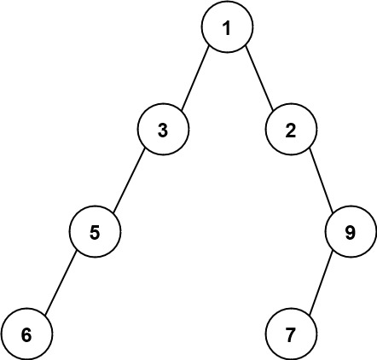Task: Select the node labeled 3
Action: [x=162, y=131]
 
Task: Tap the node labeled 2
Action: [x=290, y=131]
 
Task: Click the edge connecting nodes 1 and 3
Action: [x=194, y=78]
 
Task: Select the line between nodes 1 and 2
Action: [x=258, y=78]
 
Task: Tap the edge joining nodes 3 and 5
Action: [x=128, y=181]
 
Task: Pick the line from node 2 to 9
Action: [x=322, y=181]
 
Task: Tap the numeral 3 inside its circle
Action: [x=162, y=131]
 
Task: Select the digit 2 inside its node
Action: [x=290, y=131]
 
